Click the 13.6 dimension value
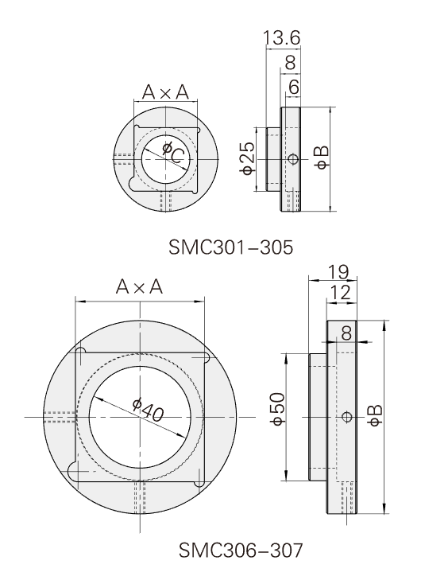click(x=282, y=38)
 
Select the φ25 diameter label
click(x=247, y=158)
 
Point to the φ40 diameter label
click(x=149, y=410)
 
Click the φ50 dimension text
click(x=277, y=408)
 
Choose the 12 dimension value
click(x=341, y=293)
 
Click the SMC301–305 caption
click(x=231, y=247)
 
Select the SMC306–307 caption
click(x=241, y=550)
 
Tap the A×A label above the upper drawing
click(x=165, y=92)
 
